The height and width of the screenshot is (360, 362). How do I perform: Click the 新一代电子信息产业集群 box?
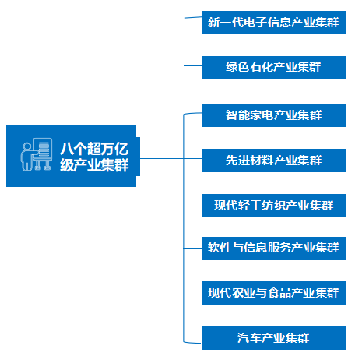pos(274,23)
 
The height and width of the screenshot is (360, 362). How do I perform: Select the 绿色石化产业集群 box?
pos(274,68)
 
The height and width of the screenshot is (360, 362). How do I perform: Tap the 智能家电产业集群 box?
pos(274,115)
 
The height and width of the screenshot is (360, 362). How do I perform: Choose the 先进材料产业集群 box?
pos(274,161)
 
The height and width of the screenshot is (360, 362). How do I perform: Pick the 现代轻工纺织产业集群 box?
pos(274,206)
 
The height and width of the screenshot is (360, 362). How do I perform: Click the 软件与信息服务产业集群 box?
pos(274,249)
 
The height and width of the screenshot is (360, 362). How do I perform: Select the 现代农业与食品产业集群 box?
pos(274,293)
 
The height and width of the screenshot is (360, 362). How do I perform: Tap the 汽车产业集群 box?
pos(274,338)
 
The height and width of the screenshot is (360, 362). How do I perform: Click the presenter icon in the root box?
pos(37,154)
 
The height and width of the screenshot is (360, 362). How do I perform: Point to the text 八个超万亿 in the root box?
pos(94,148)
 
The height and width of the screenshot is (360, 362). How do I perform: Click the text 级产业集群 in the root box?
pos(94,164)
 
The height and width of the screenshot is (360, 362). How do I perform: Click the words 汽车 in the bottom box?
pos(249,338)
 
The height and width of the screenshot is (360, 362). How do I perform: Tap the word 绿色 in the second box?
pos(237,67)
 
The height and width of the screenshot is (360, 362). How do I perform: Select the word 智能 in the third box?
pos(237,115)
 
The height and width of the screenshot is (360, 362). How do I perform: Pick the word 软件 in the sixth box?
pos(220,248)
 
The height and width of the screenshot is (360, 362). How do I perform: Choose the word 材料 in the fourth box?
pos(262,160)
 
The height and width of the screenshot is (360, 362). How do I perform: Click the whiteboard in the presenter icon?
pos(42,149)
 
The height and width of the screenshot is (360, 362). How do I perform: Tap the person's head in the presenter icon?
pos(27,146)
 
